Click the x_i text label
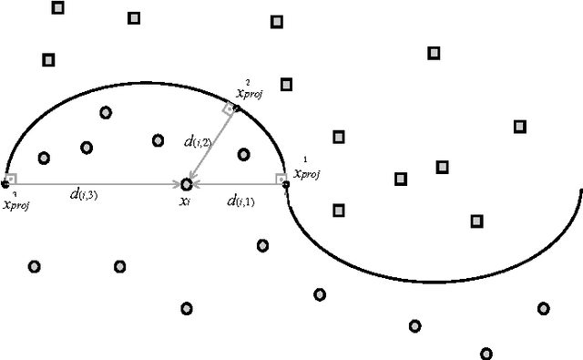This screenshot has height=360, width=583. tap(185, 201)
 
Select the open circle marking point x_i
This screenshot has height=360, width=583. tap(187, 184)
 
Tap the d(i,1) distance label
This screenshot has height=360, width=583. tap(240, 201)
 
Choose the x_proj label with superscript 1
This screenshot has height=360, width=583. tap(305, 170)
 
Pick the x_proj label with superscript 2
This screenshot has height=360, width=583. tap(249, 91)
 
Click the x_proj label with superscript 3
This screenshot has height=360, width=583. tap(15, 202)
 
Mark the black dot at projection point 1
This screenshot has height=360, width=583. tap(286, 184)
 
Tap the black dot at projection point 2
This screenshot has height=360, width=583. tap(237, 108)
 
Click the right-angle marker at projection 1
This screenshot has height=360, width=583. tap(280, 178)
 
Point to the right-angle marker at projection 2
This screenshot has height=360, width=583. tap(230, 108)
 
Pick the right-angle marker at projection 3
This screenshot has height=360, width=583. tap(11, 179)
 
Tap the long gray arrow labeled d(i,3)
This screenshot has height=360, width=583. tap(91, 184)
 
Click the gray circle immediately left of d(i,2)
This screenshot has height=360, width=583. tap(159, 140)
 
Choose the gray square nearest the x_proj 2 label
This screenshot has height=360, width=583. tap(286, 84)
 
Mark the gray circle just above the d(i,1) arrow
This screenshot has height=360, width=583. tap(243, 154)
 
